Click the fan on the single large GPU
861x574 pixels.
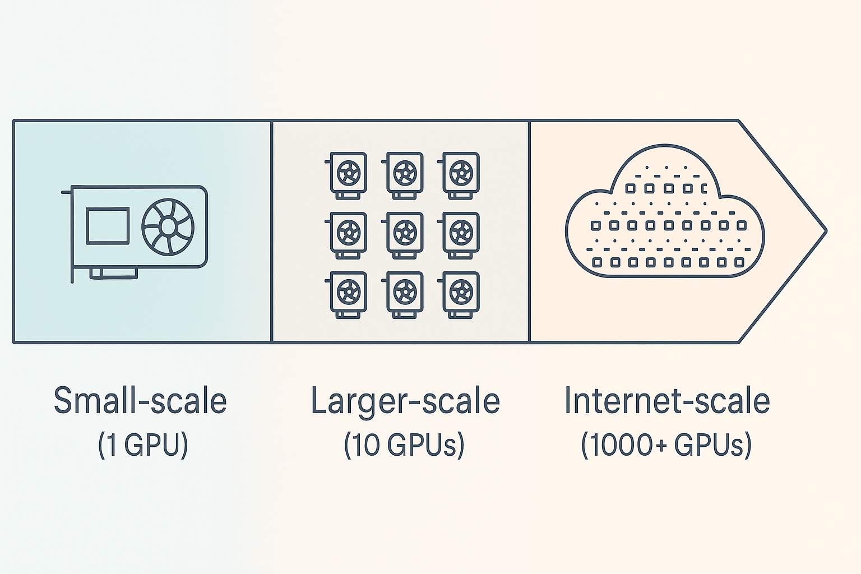click(x=168, y=227)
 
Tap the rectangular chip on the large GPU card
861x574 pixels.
click(x=108, y=226)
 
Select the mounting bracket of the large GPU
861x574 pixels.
click(x=72, y=235)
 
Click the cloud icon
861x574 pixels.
click(x=665, y=213)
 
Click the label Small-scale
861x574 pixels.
click(x=140, y=401)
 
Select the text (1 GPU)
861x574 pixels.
click(x=143, y=445)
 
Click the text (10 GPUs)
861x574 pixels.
click(x=404, y=445)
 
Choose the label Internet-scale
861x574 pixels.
click(x=667, y=401)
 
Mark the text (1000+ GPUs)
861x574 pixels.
click(x=666, y=445)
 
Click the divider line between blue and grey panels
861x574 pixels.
click(x=272, y=230)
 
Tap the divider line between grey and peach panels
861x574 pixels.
click(x=529, y=230)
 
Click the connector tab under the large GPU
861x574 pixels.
click(x=114, y=273)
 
